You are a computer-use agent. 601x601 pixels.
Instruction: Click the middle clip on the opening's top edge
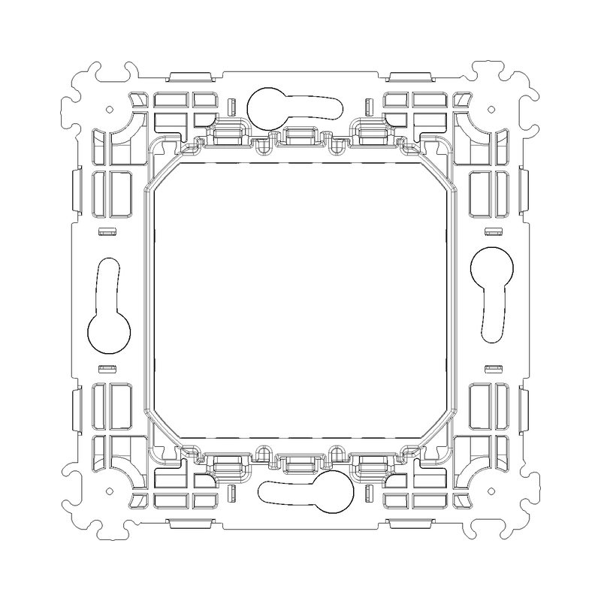tap(300, 135)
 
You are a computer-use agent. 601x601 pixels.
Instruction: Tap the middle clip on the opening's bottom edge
tap(300, 464)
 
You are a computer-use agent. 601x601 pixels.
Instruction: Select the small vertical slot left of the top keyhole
tap(234, 105)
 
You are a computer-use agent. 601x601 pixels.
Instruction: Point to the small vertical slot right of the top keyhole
tap(366, 105)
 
